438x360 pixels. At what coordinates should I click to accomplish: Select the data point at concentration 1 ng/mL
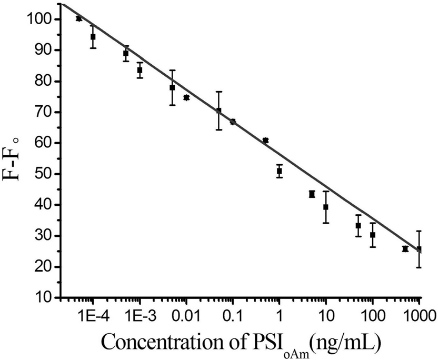[280, 171]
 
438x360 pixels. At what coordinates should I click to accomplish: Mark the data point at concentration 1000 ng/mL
[419, 249]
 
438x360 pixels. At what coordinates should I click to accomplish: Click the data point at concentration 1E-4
[93, 37]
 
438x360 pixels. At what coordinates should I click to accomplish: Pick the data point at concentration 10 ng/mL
[326, 207]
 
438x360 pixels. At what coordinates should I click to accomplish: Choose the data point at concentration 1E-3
[140, 70]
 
